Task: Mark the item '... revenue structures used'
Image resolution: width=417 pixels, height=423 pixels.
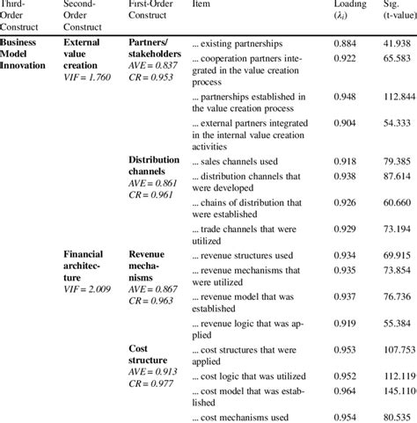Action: point(243,255)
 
